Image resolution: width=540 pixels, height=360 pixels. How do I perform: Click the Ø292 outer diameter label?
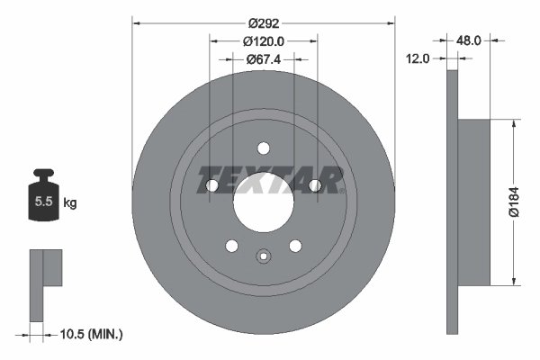(264, 17)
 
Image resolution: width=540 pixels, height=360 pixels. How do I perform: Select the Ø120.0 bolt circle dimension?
(263, 40)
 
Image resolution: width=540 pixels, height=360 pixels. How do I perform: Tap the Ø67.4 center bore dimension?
(264, 59)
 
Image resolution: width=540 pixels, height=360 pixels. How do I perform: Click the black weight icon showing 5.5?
(43, 201)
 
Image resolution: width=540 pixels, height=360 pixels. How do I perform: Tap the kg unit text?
(70, 203)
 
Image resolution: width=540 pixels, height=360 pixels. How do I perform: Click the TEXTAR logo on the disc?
(270, 180)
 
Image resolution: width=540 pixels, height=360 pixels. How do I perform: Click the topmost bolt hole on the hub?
(264, 148)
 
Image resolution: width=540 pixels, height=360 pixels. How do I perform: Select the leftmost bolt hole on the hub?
(213, 185)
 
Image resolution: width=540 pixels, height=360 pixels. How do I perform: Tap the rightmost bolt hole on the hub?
(315, 185)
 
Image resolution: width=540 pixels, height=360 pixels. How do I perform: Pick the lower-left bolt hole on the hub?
(232, 245)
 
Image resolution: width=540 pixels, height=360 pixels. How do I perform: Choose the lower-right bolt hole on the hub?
(295, 245)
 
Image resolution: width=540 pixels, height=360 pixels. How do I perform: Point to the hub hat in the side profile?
(475, 202)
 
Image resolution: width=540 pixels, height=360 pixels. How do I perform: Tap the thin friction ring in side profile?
(452, 202)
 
